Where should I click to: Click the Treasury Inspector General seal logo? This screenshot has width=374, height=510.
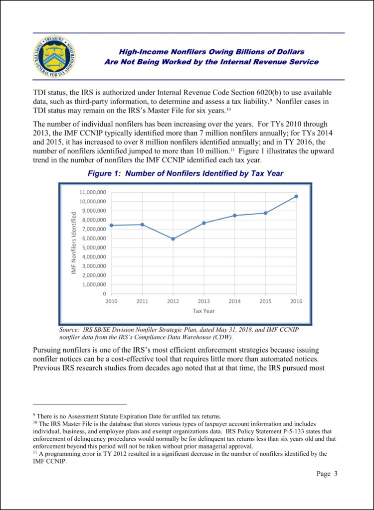tap(55, 57)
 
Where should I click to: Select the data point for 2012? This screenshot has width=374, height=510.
tap(173, 239)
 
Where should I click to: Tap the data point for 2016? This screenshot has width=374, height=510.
tap(296, 196)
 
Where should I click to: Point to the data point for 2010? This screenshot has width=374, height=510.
tap(111, 225)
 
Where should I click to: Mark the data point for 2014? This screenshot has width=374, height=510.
tap(234, 215)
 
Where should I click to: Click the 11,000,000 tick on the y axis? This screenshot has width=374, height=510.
tap(92, 192)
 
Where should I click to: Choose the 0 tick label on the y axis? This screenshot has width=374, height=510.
tap(104, 294)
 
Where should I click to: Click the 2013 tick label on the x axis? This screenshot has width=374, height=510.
tap(203, 302)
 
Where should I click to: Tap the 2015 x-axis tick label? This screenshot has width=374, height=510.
tap(265, 302)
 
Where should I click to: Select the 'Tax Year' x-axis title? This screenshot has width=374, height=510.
tap(203, 311)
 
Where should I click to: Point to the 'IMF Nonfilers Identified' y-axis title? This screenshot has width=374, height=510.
tap(73, 243)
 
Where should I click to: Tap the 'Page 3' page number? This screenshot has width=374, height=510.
tap(327, 474)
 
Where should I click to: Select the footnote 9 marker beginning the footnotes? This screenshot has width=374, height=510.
tap(33, 415)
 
